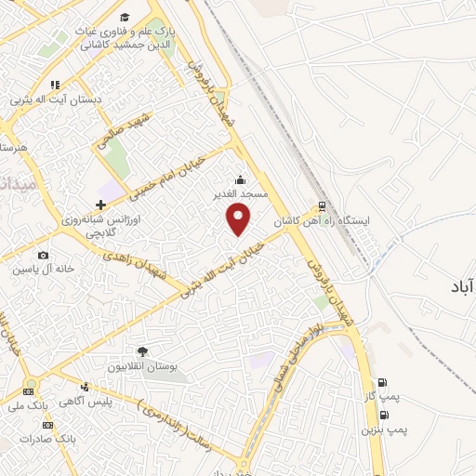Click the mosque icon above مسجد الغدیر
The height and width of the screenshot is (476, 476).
click(241, 179)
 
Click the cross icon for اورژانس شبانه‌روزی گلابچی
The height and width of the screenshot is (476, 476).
click(100, 205)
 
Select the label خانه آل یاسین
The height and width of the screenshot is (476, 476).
click(36, 270)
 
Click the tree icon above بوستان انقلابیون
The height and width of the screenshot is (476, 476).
click(142, 351)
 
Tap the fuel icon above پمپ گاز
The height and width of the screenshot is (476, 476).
click(381, 382)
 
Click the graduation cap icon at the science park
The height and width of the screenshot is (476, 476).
click(125, 18)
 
